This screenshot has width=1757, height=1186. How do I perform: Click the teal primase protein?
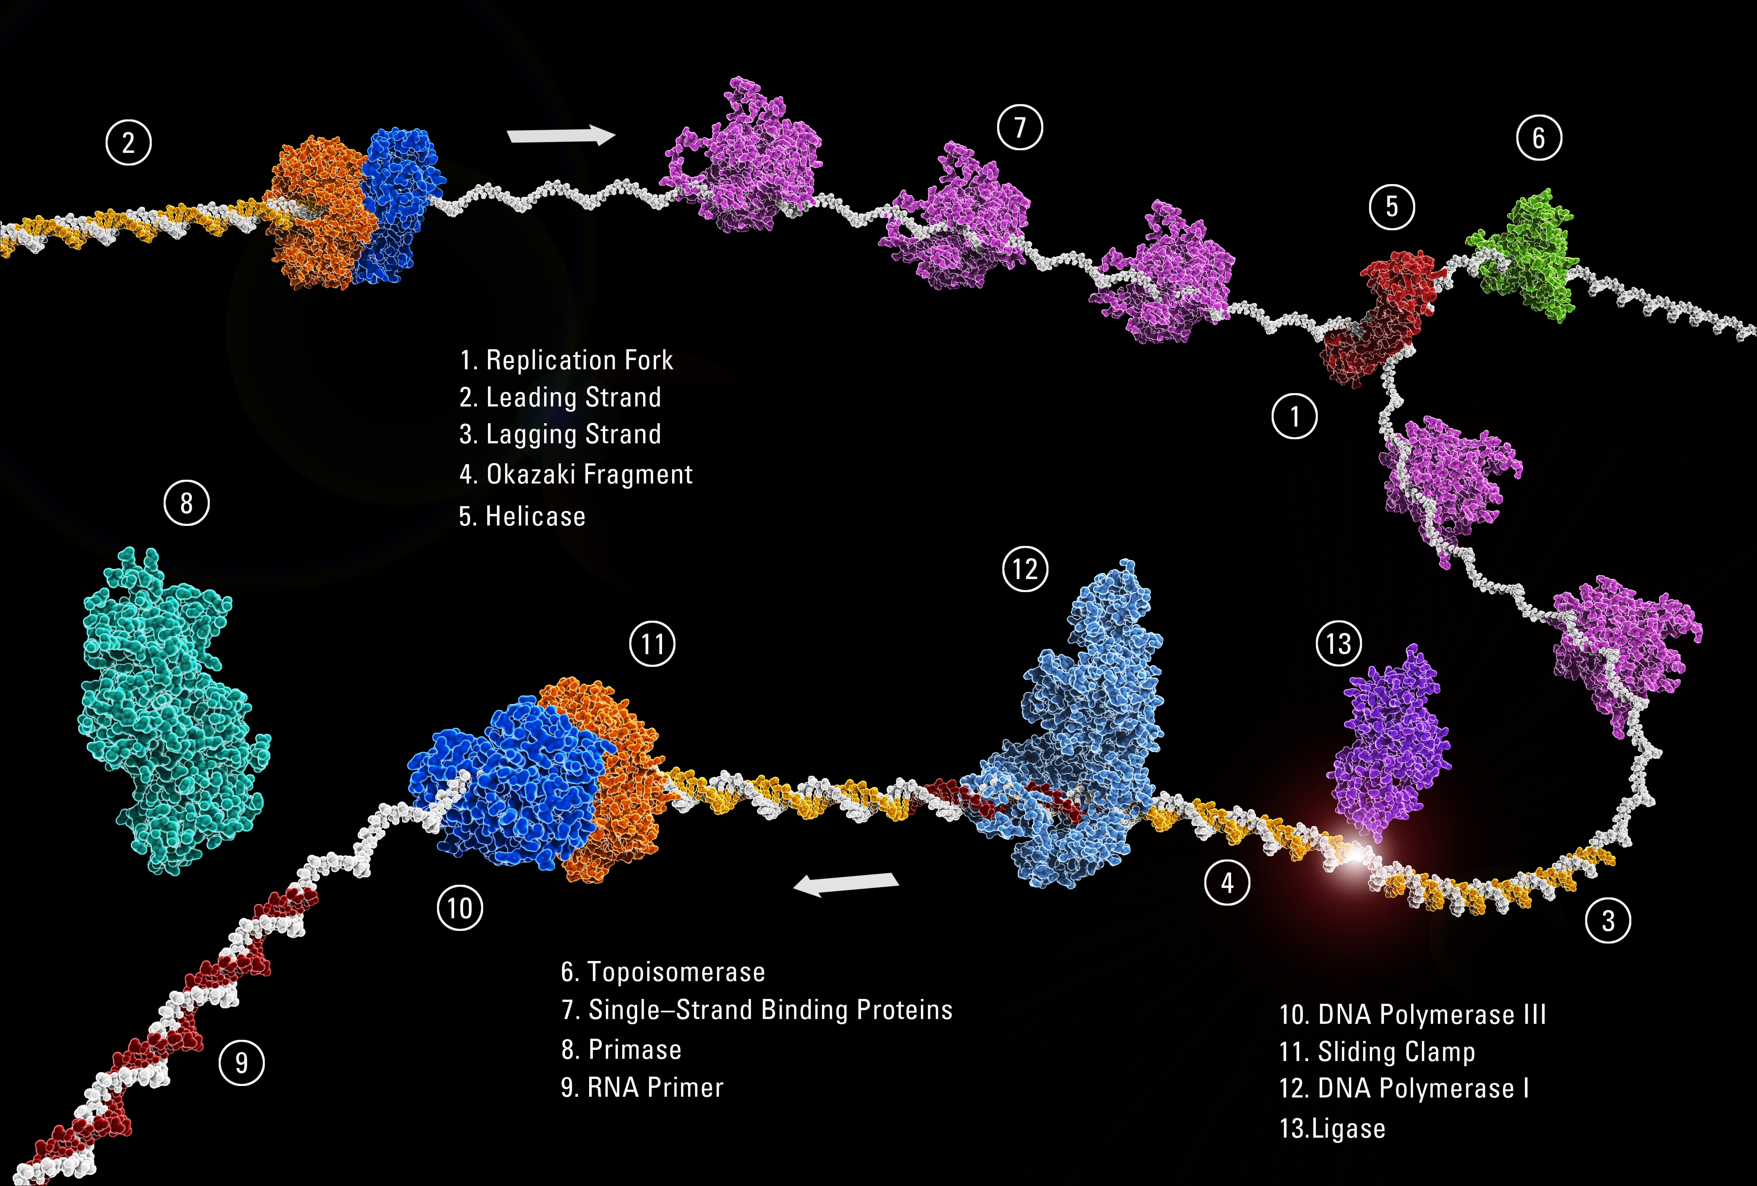(x=172, y=711)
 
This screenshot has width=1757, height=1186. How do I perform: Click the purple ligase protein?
(x=1390, y=744)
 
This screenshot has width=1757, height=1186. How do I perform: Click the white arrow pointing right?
(x=561, y=135)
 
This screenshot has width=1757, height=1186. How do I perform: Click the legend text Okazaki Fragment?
(x=589, y=475)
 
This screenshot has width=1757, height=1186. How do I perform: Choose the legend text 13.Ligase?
(x=1332, y=1129)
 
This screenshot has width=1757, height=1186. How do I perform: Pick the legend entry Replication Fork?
(x=579, y=360)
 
